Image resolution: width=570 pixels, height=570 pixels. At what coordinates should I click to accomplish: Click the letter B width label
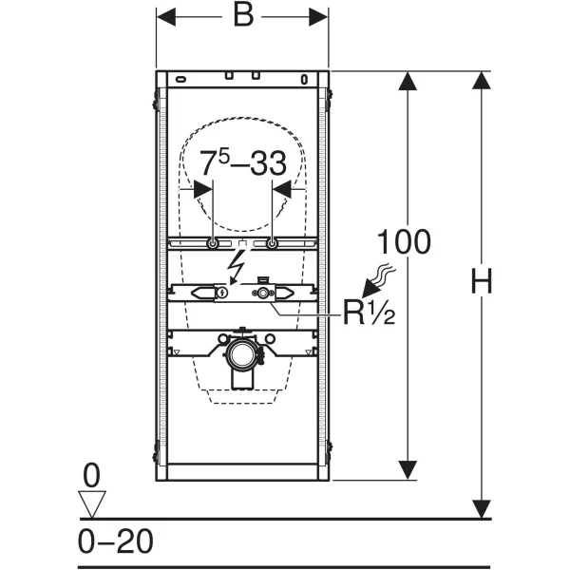243,15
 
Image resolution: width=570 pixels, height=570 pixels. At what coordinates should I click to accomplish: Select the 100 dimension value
404,241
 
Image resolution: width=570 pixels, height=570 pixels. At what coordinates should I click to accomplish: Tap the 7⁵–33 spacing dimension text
243,163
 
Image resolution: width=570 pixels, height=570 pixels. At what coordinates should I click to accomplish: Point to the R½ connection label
369,313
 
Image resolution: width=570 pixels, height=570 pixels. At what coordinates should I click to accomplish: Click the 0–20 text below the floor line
116,541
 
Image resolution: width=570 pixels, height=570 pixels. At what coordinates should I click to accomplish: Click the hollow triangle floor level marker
92,503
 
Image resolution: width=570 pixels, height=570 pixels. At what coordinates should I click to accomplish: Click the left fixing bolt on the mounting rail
212,243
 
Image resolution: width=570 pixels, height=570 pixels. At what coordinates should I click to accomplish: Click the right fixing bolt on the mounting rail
272,243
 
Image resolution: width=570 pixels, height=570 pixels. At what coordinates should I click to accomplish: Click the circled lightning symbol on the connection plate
221,292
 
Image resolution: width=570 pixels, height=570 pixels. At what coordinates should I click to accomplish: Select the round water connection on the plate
262,292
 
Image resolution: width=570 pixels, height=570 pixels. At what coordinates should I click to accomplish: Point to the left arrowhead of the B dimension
165,17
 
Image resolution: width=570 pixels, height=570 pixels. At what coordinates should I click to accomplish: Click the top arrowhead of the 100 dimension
408,81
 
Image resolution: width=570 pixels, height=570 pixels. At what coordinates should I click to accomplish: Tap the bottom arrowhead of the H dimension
482,509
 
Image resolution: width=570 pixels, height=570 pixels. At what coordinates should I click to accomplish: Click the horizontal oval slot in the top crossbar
181,79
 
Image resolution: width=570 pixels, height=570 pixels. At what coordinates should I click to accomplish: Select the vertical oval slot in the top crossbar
305,79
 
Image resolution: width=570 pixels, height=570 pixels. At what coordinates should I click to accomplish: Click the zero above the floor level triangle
91,476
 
